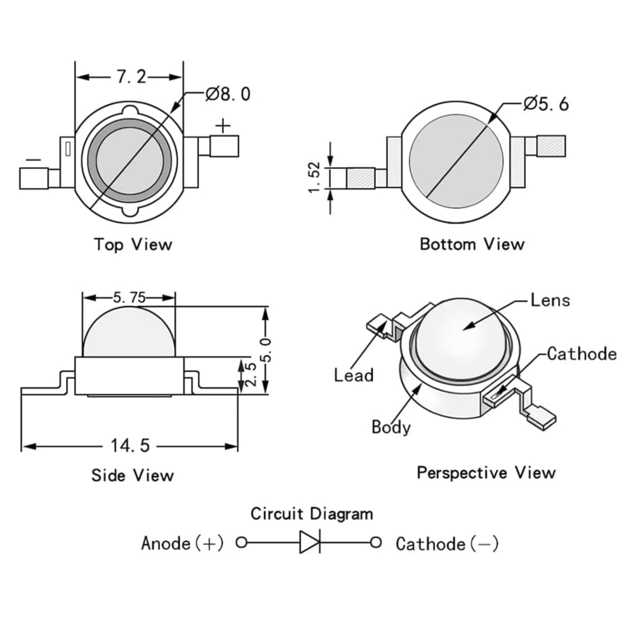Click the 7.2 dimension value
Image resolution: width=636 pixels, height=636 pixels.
(131, 77)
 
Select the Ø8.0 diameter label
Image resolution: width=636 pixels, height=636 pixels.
(228, 94)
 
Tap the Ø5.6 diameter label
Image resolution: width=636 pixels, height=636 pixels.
(546, 103)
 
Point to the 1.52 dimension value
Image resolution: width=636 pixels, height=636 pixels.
(315, 177)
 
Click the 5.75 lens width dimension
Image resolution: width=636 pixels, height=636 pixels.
(129, 298)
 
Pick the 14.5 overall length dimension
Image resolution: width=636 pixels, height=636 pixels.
(130, 446)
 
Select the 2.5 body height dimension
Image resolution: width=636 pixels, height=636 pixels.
(251, 374)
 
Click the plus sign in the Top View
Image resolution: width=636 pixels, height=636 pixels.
(223, 126)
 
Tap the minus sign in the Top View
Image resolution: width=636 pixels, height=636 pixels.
(33, 160)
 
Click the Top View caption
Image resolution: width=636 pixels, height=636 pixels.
(133, 244)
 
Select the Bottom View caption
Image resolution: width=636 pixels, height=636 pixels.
(472, 244)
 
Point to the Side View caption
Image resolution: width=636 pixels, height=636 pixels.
(132, 475)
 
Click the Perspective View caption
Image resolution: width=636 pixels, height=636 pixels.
(486, 472)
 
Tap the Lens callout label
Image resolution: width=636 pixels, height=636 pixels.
(550, 300)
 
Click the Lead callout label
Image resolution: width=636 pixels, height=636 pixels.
(354, 375)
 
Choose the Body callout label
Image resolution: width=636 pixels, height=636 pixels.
(391, 427)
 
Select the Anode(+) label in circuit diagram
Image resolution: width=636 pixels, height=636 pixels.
(182, 543)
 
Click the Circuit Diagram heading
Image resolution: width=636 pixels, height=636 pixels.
(312, 513)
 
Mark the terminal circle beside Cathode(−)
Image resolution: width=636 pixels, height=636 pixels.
(376, 542)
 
